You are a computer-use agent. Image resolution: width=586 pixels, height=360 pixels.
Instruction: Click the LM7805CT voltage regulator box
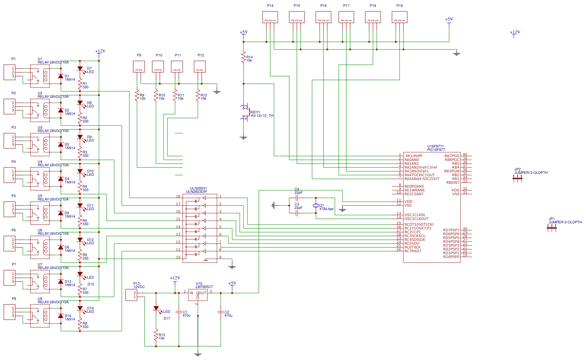coord(198,295)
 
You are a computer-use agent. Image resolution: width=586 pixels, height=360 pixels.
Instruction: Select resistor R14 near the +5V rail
coord(244,57)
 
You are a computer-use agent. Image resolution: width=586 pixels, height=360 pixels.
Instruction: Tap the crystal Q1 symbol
coord(315,206)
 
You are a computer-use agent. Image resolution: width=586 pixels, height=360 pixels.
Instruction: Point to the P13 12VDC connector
coord(131,295)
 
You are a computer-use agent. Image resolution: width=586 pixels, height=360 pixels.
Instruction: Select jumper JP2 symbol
coord(518,179)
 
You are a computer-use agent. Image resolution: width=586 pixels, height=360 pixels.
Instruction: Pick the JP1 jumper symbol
coord(551,228)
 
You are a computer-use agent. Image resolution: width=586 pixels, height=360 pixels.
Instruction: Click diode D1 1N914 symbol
coord(61,76)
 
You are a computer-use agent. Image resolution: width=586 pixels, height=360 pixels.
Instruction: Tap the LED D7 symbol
coord(80,69)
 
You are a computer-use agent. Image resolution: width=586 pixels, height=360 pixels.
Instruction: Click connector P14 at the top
coord(270,17)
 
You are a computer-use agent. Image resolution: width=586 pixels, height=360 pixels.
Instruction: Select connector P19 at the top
coord(400,17)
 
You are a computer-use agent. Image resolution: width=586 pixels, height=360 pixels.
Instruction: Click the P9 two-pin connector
coord(139,67)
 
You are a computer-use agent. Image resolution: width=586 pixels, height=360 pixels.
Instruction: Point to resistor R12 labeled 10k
coord(198,96)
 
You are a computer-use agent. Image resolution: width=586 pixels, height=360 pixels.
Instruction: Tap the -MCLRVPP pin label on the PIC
coord(413,156)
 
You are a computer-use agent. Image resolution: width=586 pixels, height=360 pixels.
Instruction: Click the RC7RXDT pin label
coord(413,251)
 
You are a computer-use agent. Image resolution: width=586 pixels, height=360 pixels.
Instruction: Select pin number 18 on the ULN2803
coord(178,196)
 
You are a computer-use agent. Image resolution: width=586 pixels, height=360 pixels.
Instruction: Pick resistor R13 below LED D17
coord(156,335)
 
